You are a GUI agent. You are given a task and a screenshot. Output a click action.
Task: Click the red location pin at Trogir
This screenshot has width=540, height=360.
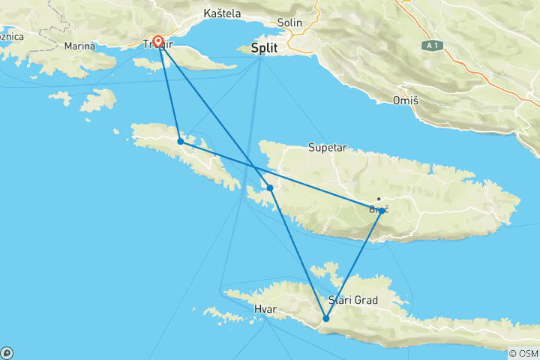(158, 41)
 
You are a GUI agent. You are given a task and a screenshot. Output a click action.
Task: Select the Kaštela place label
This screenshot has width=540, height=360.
(223, 13)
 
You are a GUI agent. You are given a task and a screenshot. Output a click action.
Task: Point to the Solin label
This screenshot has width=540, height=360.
(289, 22)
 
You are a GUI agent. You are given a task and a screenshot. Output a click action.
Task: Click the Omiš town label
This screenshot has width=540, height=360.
(405, 100)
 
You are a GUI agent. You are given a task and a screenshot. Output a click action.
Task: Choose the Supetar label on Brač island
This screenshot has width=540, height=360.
(327, 148)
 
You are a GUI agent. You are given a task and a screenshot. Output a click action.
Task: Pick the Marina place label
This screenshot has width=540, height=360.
(79, 46)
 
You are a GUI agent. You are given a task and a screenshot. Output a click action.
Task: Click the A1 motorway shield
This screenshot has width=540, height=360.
(430, 45)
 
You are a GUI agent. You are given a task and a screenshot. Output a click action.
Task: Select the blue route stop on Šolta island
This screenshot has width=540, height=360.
(181, 141)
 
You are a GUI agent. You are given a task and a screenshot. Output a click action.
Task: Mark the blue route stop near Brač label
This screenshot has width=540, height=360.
(382, 211)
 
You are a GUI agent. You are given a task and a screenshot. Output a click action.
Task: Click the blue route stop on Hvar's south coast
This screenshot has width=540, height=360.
(326, 319)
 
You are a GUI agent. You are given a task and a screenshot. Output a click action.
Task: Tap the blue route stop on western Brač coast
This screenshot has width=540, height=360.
(270, 187)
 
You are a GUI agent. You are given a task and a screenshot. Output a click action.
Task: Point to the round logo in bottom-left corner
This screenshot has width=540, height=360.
(7, 352)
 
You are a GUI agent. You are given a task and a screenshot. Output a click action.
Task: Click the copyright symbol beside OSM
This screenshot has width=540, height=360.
(513, 353)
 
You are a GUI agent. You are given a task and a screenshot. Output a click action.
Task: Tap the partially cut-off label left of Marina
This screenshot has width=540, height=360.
(11, 37)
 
